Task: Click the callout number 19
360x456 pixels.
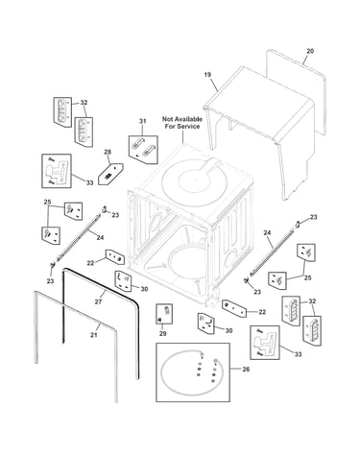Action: click(x=207, y=75)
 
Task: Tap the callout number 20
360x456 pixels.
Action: click(x=310, y=51)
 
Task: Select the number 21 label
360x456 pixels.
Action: click(x=93, y=335)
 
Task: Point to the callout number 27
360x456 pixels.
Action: click(x=98, y=301)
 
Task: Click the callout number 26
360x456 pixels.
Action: click(x=246, y=369)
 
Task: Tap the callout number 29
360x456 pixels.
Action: click(x=162, y=334)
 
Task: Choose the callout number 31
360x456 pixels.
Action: click(x=142, y=121)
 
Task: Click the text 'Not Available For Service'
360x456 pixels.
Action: click(x=182, y=123)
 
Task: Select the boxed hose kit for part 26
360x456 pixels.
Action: click(x=193, y=372)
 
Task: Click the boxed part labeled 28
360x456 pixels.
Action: click(x=110, y=174)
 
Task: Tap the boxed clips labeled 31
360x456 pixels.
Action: click(x=143, y=150)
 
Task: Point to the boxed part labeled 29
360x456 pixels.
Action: click(x=164, y=314)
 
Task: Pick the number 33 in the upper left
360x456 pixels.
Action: click(x=89, y=182)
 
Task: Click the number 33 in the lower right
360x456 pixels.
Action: click(x=298, y=354)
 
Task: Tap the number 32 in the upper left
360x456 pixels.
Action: click(x=84, y=103)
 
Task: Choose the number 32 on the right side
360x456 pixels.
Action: click(x=312, y=301)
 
